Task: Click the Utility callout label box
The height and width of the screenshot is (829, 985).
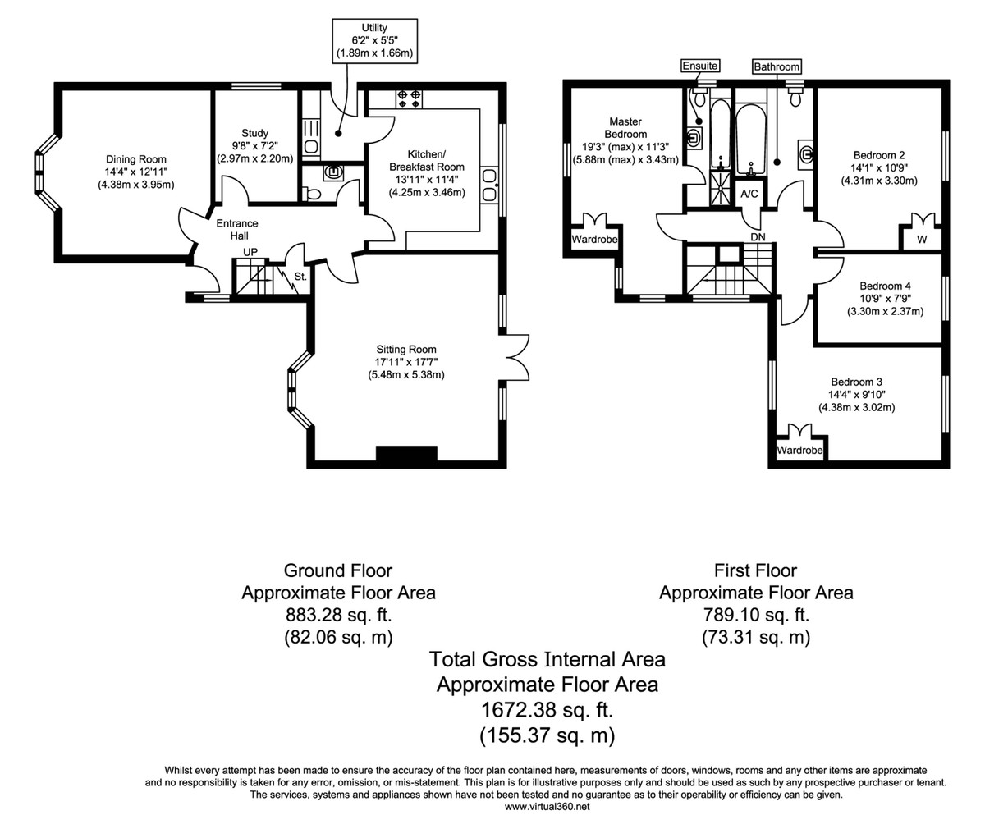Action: pyautogui.click(x=374, y=40)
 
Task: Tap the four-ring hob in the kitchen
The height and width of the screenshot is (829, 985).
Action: pyautogui.click(x=409, y=99)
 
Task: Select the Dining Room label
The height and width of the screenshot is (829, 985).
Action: pyautogui.click(x=136, y=159)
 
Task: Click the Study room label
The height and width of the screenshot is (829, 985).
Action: pyautogui.click(x=254, y=133)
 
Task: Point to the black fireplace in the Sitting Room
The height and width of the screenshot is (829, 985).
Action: pyautogui.click(x=406, y=453)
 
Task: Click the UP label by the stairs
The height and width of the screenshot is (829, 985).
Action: pyautogui.click(x=250, y=252)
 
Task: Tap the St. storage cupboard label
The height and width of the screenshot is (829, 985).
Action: pyautogui.click(x=300, y=277)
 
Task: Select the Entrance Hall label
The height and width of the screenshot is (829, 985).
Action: pyautogui.click(x=237, y=229)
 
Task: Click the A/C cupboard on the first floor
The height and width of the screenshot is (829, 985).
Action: pyautogui.click(x=749, y=194)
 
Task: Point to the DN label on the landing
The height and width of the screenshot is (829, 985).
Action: pyautogui.click(x=758, y=237)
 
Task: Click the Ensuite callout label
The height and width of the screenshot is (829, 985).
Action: pyautogui.click(x=700, y=66)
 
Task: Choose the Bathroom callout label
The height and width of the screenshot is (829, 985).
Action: pyautogui.click(x=777, y=66)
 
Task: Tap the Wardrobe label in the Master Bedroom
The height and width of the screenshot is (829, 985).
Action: pyautogui.click(x=594, y=239)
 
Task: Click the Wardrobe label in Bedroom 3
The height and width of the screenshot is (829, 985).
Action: pyautogui.click(x=799, y=450)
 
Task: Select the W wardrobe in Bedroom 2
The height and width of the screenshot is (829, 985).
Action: pyautogui.click(x=922, y=239)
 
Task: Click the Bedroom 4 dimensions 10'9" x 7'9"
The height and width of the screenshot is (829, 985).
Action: pyautogui.click(x=885, y=299)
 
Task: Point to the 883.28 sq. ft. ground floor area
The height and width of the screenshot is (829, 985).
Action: pyautogui.click(x=339, y=615)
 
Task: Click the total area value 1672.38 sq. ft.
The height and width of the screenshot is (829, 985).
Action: pyautogui.click(x=547, y=710)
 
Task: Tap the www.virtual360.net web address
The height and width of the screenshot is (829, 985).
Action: pyautogui.click(x=547, y=806)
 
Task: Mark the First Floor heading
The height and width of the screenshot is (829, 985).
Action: pyautogui.click(x=755, y=570)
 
